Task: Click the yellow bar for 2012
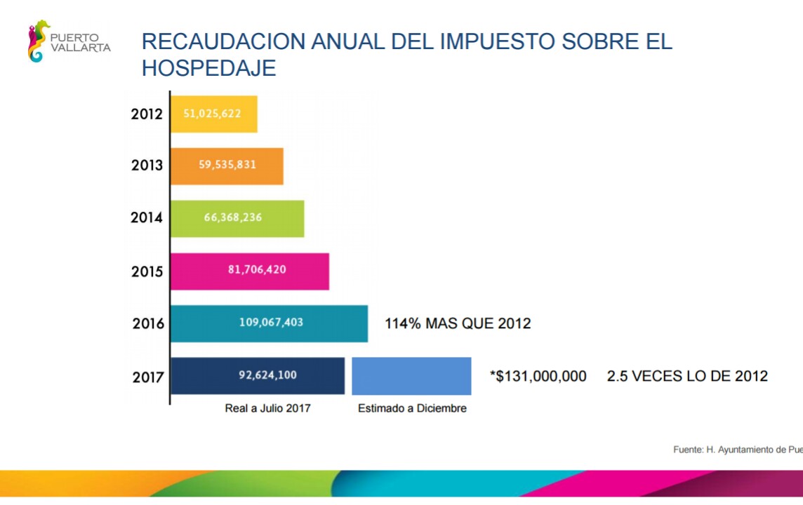[213, 114]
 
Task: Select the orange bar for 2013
[227, 166]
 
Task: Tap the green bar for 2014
[237, 218]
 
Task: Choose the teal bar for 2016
[270, 323]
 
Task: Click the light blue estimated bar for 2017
[411, 376]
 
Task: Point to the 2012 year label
[147, 114]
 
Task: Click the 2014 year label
[147, 218]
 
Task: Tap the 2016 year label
[148, 324]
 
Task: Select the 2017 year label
[148, 377]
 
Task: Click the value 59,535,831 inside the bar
[227, 166]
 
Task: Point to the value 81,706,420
[257, 269]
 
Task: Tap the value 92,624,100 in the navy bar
[267, 375]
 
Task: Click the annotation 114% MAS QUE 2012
[458, 323]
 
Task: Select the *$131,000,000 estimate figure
[538, 377]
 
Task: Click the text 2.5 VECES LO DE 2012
[687, 376]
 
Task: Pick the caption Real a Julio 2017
[267, 408]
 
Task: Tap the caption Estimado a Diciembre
[412, 408]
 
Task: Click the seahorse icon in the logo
[39, 41]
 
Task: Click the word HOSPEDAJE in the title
[209, 68]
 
